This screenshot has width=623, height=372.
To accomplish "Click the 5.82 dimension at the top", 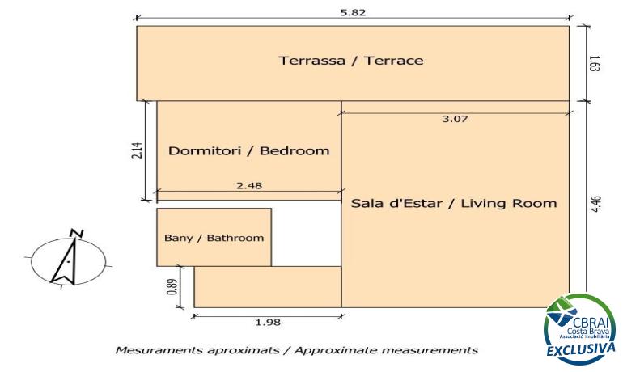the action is (x=353, y=12).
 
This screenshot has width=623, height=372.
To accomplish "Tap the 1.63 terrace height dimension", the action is (x=595, y=63).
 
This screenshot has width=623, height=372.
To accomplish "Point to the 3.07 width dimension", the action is (x=455, y=119).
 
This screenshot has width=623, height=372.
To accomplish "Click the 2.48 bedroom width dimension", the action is (x=249, y=185).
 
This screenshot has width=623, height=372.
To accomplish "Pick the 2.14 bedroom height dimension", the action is (x=136, y=150).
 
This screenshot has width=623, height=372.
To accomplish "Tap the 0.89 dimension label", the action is (x=172, y=286).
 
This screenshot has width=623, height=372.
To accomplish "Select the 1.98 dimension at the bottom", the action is (x=268, y=322).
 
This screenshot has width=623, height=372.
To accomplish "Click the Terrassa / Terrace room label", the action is (x=351, y=61).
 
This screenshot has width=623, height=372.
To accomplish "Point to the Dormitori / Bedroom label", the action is (x=249, y=151).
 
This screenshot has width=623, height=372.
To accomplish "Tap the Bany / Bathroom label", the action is (x=214, y=238).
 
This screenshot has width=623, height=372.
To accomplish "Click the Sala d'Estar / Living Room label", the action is (x=454, y=203).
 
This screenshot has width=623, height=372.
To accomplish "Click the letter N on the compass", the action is (x=76, y=233).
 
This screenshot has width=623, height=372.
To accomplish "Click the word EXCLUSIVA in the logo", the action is (x=581, y=349).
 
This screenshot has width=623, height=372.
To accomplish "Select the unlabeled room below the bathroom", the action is (x=268, y=286).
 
